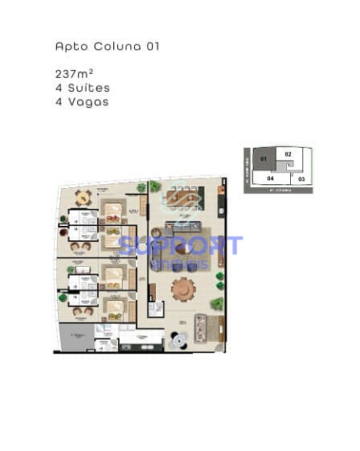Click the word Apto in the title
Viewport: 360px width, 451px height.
click(67, 47)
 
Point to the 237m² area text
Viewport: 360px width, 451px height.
click(75, 74)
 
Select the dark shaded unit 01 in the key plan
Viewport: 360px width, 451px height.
click(263, 159)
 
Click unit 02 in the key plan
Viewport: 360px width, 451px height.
click(288, 154)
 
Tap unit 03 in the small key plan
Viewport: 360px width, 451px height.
click(301, 178)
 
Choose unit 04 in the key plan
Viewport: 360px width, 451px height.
click(271, 178)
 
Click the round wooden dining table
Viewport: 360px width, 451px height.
click(184, 288)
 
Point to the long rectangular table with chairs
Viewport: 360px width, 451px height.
click(184, 197)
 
